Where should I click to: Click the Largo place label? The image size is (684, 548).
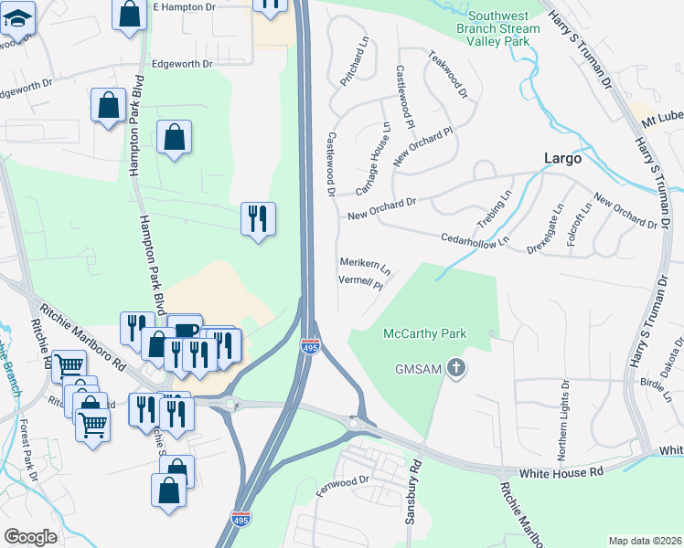coord(562,158)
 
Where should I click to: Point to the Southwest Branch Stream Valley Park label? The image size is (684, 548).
coord(503,28)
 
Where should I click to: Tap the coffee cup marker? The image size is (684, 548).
coord(185,331)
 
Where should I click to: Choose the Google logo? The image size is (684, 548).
coord(30,537)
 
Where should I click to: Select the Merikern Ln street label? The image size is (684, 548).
coord(365,266)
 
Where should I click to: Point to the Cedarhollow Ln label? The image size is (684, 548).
coord(475,238)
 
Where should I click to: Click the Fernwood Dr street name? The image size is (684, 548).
coord(341,481)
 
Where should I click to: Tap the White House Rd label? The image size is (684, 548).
coord(561,473)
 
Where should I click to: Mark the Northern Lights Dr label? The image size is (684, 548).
coord(563,421)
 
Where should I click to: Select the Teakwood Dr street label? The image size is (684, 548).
coord(448,74)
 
